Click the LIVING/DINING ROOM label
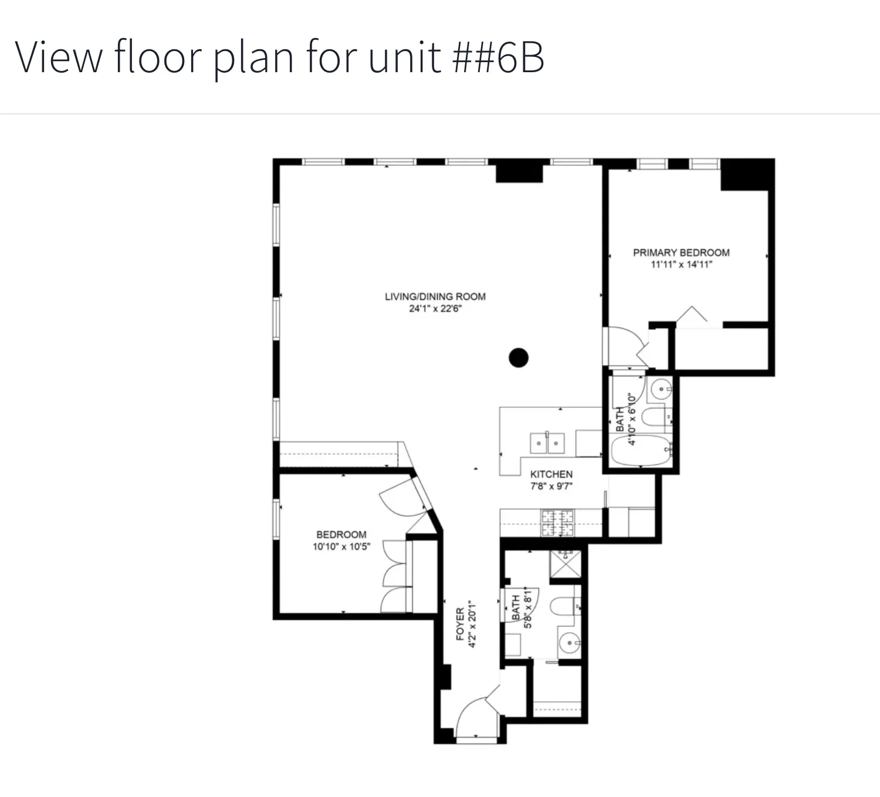click(435, 296)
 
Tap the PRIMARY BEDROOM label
click(681, 252)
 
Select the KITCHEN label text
click(551, 474)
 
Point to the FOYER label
click(460, 623)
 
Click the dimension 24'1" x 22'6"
click(435, 309)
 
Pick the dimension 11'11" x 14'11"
click(681, 265)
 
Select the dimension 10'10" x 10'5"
click(341, 547)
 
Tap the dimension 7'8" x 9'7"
click(551, 486)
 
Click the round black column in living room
click(518, 357)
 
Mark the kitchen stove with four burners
click(557, 522)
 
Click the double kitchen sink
click(547, 443)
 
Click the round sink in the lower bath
click(568, 644)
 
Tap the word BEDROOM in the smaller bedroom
click(341, 535)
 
